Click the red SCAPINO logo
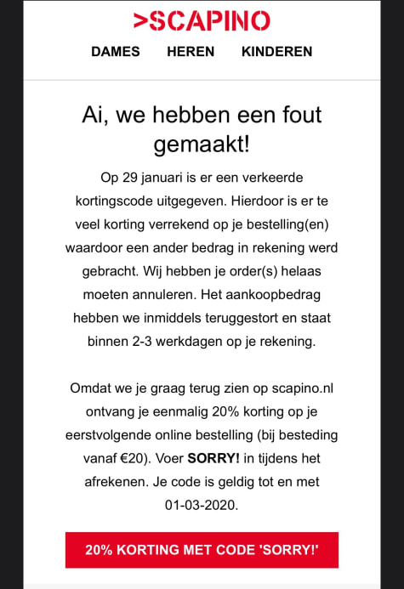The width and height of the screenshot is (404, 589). [x=202, y=20]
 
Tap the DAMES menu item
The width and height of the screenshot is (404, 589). [x=116, y=51]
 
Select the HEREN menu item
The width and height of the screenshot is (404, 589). [x=191, y=51]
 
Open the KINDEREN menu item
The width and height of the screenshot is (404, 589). [x=276, y=51]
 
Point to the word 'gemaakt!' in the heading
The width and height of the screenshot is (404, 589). [x=202, y=144]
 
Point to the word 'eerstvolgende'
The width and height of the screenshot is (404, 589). [x=110, y=436]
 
